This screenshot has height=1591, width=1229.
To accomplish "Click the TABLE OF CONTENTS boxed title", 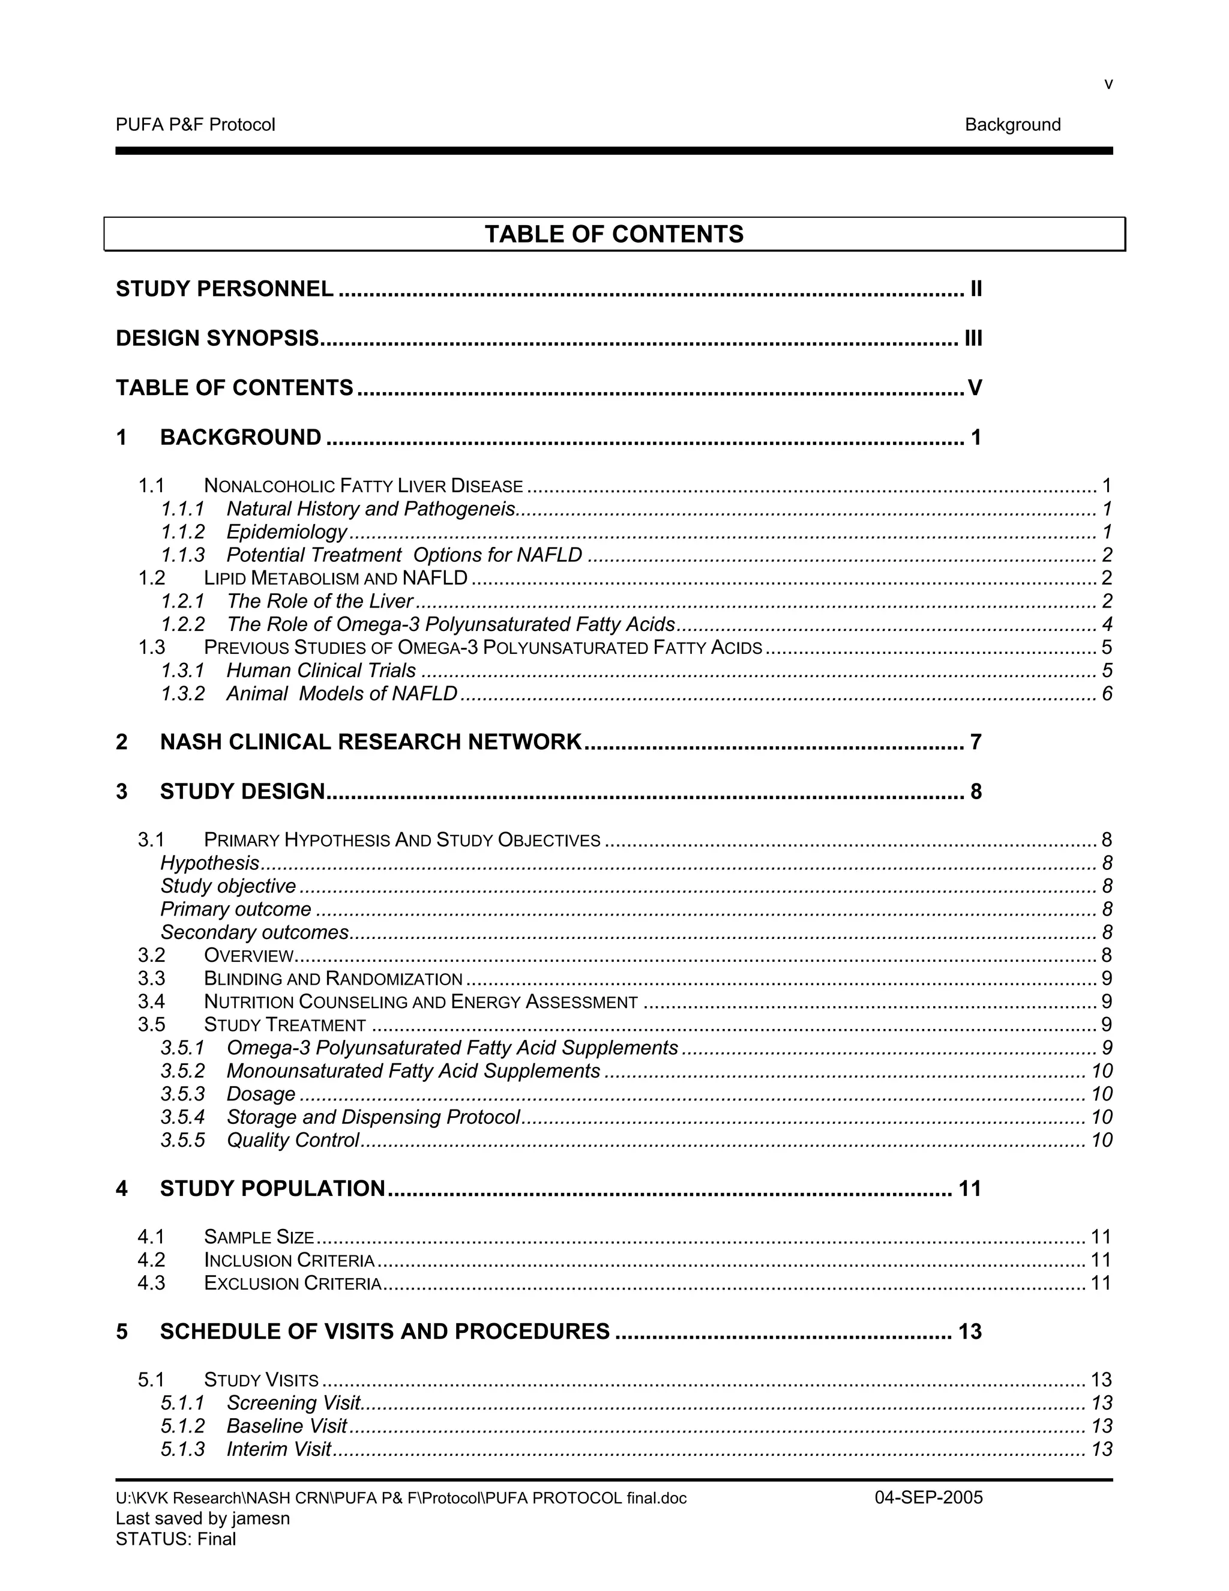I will click(x=614, y=234).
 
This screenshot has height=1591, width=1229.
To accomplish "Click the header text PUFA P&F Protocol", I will click(x=195, y=124).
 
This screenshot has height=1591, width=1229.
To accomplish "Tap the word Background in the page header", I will click(x=1012, y=124).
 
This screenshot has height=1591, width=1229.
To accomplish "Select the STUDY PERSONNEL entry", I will click(x=225, y=289).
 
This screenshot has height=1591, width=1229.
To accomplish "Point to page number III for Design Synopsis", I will click(x=973, y=338).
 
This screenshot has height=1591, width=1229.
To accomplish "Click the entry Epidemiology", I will click(x=287, y=532).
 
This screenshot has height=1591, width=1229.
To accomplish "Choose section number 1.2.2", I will click(x=183, y=624).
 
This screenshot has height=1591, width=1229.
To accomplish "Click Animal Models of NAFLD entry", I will click(x=341, y=693).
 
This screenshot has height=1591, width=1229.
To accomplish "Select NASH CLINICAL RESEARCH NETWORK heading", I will click(x=371, y=741).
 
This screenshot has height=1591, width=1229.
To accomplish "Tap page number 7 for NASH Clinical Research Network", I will click(x=976, y=741).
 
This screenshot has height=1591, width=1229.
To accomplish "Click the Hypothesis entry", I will click(x=209, y=863).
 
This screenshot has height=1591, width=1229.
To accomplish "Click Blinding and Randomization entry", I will click(x=332, y=979).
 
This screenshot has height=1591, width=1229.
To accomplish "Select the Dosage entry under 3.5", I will click(x=260, y=1094).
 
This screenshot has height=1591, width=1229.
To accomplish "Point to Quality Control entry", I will click(x=293, y=1140).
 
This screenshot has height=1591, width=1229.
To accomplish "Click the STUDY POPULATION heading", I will click(x=272, y=1189).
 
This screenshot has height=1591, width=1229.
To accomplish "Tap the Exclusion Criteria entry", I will click(x=292, y=1283).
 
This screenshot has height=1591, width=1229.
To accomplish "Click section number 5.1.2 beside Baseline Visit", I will click(x=183, y=1426).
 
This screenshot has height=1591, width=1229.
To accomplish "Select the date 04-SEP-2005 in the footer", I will click(x=928, y=1498).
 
